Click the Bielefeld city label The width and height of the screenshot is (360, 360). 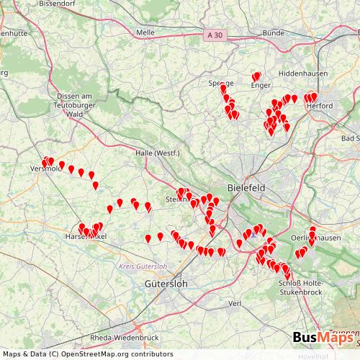pyautogui.click(x=246, y=187)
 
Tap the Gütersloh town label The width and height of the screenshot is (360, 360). pyautogui.click(x=166, y=284)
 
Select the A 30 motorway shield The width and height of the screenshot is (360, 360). pyautogui.click(x=214, y=34)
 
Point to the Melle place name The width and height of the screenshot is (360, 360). pyautogui.click(x=145, y=32)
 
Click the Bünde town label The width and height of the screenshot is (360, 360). pyautogui.click(x=274, y=32)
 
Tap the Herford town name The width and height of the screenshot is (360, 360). pyautogui.click(x=318, y=106)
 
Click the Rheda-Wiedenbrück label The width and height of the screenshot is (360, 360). pyautogui.click(x=124, y=337)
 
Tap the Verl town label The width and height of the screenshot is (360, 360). pyautogui.click(x=234, y=304)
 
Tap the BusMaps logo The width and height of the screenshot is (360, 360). pyautogui.click(x=324, y=338)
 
